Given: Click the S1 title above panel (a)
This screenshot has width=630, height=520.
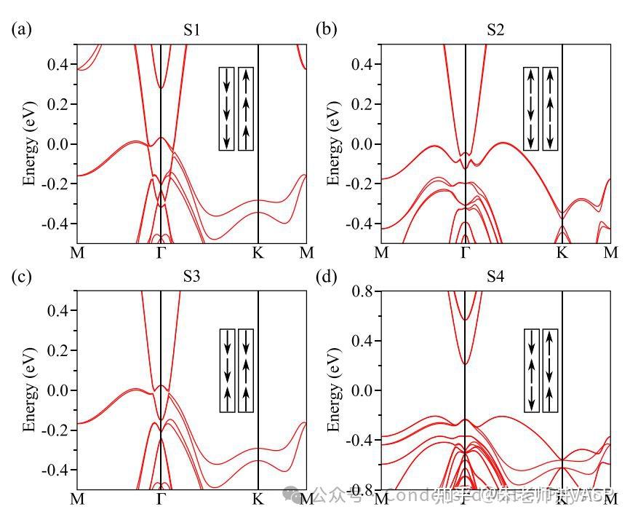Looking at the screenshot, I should click(192, 31).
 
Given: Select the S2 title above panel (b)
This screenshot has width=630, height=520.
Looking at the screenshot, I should click(495, 31).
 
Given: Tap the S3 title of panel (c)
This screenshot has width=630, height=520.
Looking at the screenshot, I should click(192, 277).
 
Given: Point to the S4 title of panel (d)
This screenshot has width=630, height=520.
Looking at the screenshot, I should click(495, 277).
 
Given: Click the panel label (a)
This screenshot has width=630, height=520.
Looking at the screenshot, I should click(20, 31).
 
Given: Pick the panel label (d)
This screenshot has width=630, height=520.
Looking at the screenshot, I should click(324, 277).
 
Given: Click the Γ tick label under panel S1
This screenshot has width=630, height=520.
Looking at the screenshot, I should click(161, 253).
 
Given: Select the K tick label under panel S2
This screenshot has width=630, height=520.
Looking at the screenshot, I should click(562, 253).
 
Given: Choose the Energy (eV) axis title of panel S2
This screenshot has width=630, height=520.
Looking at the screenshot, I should click(333, 144).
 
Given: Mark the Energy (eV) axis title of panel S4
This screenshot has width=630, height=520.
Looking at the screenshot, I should click(333, 391).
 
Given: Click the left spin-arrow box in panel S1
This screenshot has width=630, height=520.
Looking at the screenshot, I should click(227, 109).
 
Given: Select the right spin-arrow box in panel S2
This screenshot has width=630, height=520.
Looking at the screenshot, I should click(550, 109).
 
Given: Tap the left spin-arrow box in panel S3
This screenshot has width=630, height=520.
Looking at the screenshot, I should click(227, 371).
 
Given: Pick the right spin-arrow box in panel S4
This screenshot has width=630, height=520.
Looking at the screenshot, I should click(550, 371).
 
